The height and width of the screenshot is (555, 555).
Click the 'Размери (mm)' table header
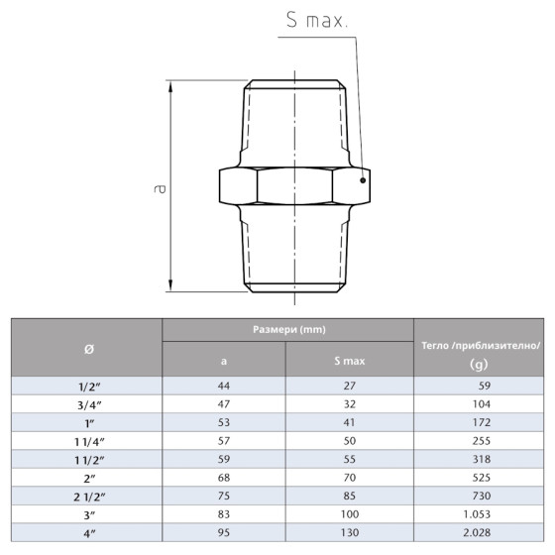tap(287, 329)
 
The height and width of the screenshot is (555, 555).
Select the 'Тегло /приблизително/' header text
tap(480, 344)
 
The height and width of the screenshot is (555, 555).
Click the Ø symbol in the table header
tap(86, 348)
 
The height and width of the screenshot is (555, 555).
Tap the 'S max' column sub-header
tap(350, 361)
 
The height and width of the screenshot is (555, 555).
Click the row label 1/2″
tap(86, 386)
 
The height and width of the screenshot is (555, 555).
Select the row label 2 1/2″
tap(86, 496)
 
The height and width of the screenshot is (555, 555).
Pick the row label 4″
tap(86, 532)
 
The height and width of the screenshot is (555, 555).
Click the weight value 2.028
tap(480, 532)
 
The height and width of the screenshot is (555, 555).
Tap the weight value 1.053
tap(480, 514)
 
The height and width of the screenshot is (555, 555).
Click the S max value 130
tap(350, 532)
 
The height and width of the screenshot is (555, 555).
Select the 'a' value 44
tap(224, 386)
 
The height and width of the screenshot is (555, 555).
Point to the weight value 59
tap(480, 386)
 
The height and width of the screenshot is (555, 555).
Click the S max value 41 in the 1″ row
tap(350, 422)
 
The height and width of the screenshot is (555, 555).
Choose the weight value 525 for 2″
tap(480, 478)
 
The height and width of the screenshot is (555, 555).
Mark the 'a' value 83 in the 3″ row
tap(224, 514)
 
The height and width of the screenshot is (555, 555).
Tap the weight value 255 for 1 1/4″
tap(480, 441)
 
